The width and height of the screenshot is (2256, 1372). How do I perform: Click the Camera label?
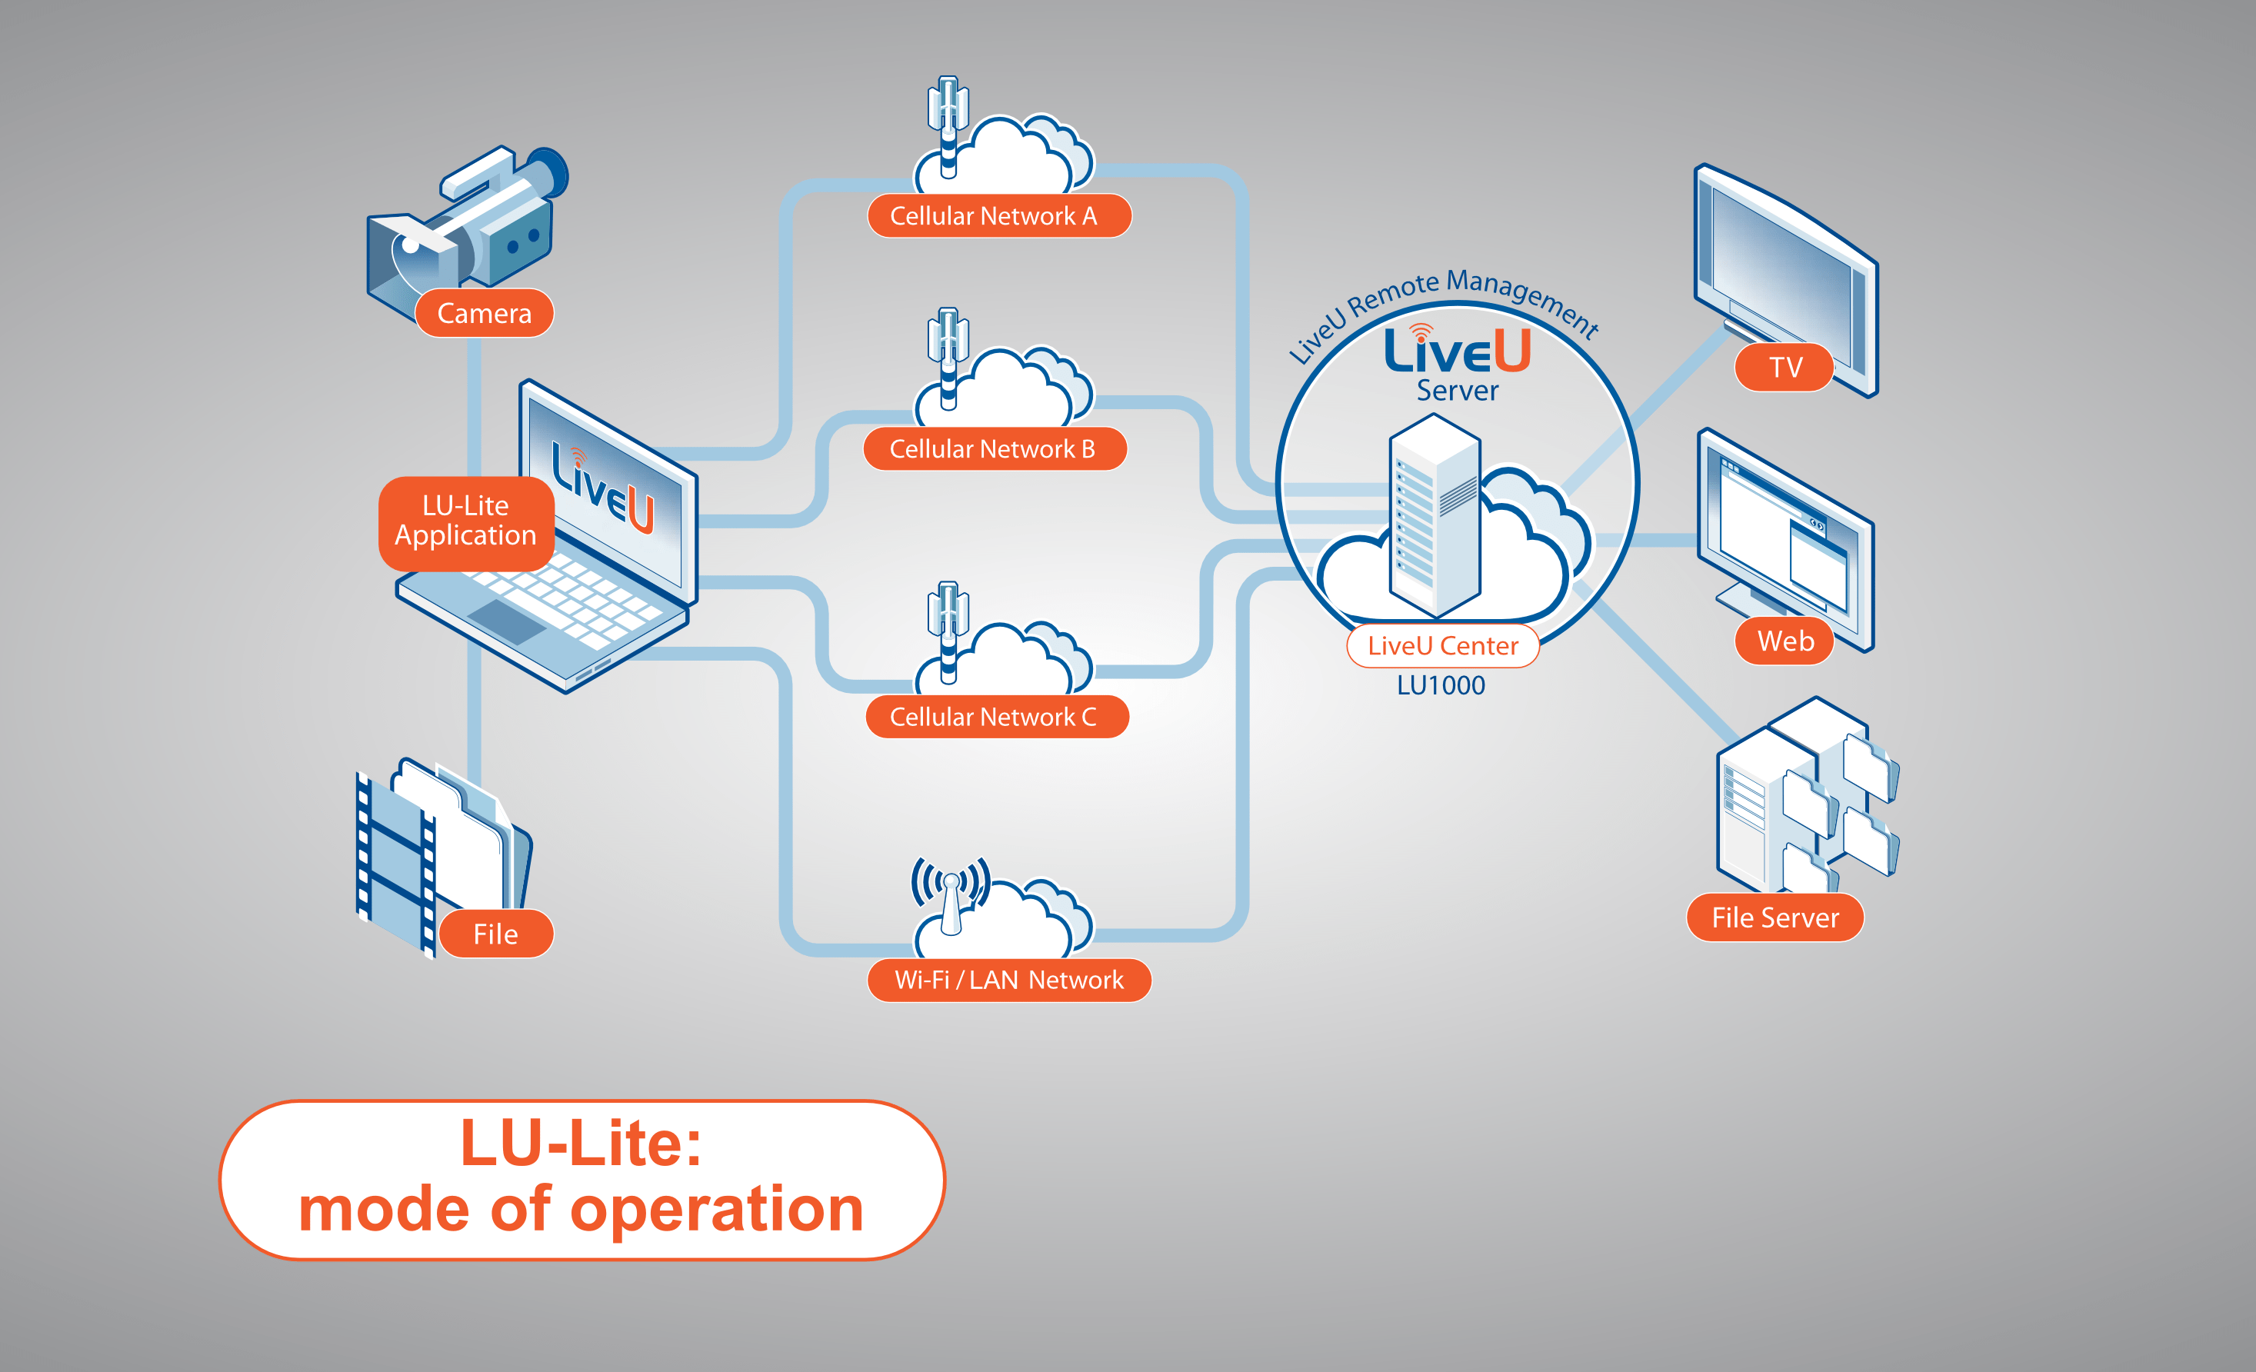[x=485, y=314]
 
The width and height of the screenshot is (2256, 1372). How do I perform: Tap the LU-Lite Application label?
[x=465, y=521]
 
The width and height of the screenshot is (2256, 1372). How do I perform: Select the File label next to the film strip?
[x=495, y=934]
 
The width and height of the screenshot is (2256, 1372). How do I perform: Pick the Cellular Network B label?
[x=994, y=449]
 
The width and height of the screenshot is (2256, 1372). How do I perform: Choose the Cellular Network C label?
[x=995, y=717]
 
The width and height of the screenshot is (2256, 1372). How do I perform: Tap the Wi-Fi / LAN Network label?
[x=1008, y=981]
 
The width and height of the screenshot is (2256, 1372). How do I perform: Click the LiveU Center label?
[x=1442, y=646]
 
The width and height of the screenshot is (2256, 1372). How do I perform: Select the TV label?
[x=1784, y=367]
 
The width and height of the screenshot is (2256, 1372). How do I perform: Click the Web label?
[x=1784, y=641]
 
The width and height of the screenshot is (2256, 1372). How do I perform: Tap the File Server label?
[x=1774, y=918]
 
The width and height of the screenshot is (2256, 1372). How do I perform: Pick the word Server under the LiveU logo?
[x=1457, y=391]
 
